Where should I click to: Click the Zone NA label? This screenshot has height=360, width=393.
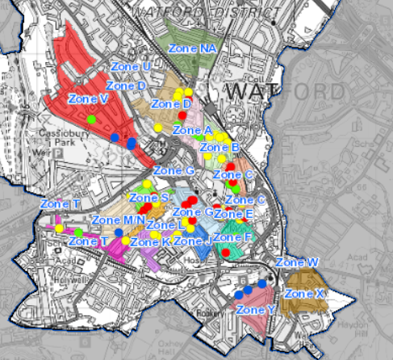[193, 48]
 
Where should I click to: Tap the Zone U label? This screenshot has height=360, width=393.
[128, 66]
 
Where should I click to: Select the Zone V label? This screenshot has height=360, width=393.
[89, 98]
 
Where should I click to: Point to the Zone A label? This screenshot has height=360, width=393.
[193, 130]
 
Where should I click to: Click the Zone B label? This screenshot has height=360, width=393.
[219, 148]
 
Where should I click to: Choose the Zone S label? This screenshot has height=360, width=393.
[148, 198]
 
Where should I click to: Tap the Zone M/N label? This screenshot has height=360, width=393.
[118, 220]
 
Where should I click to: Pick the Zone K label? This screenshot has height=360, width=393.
[150, 241]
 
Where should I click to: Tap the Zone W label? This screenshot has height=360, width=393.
[297, 262]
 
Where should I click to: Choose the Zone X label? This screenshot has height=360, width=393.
[305, 294]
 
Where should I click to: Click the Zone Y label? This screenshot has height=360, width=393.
[257, 310]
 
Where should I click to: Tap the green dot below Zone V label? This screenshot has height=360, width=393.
[91, 119]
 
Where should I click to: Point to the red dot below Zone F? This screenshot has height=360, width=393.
[226, 253]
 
